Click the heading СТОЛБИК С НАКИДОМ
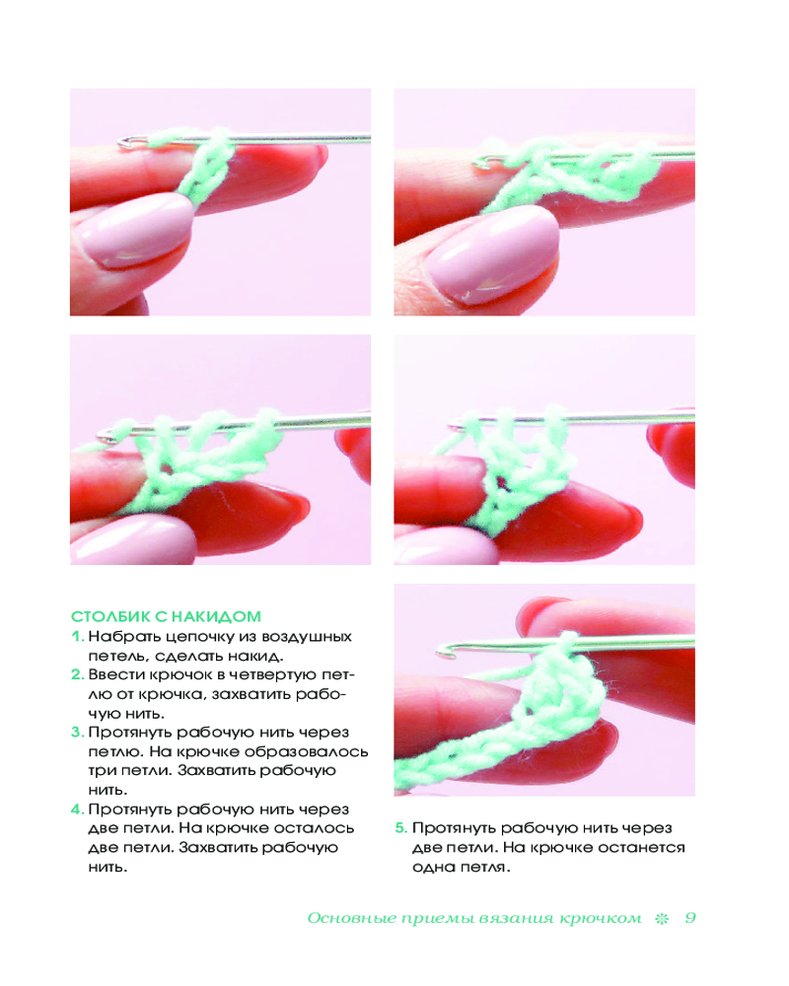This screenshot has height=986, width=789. (x=166, y=616)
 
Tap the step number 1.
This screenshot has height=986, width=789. (x=77, y=636)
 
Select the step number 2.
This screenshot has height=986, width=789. (x=77, y=674)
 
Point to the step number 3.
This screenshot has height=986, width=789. (x=77, y=732)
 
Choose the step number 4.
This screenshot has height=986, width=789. (x=77, y=810)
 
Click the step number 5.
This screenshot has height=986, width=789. (x=400, y=828)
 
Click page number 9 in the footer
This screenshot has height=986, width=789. (x=690, y=918)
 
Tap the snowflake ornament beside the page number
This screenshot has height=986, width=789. (x=662, y=919)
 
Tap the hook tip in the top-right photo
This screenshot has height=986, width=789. (x=479, y=164)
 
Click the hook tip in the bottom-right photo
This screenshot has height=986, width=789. (x=443, y=652)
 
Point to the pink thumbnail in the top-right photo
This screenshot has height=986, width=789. (x=492, y=255)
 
